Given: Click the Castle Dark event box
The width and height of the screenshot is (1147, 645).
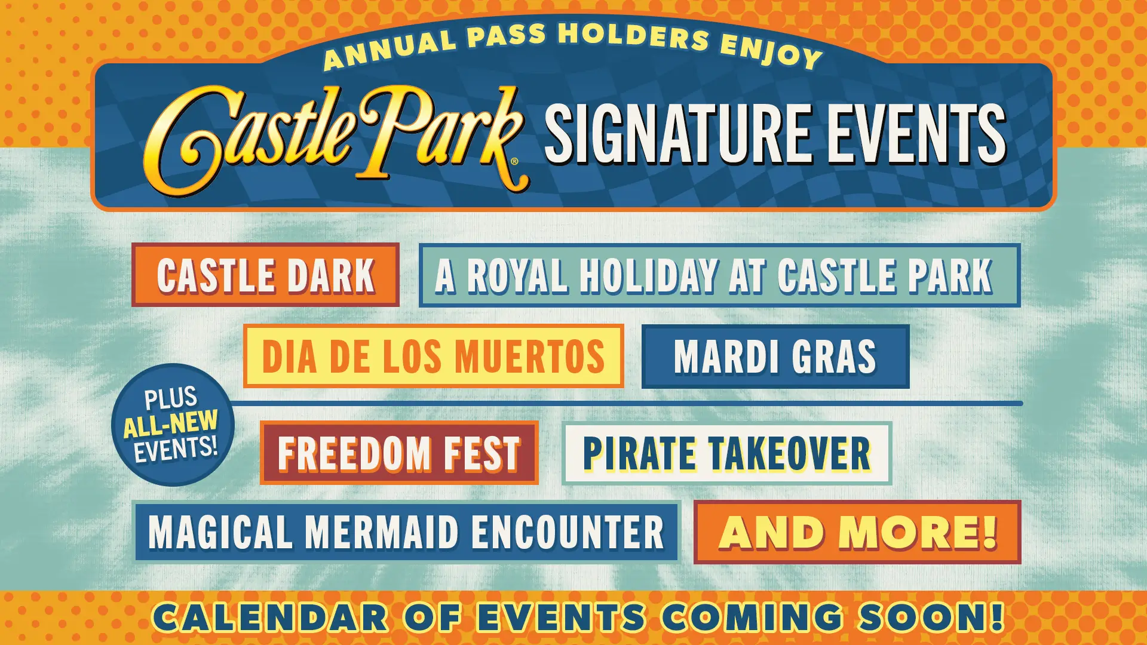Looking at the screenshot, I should click(265, 275).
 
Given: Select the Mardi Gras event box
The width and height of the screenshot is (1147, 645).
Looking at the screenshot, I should click(775, 357).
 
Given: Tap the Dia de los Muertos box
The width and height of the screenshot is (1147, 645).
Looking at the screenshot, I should click(434, 357).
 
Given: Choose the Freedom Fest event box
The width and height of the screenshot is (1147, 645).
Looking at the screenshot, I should click(399, 453).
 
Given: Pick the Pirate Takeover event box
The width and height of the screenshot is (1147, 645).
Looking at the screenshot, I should click(726, 453).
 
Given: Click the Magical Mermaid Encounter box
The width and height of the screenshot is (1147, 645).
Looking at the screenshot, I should click(407, 532).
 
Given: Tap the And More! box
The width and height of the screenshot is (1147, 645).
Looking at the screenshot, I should click(857, 532).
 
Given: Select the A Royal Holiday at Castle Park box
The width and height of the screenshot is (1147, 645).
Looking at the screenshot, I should click(719, 275).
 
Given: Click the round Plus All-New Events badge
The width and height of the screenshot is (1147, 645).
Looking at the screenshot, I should click(173, 425).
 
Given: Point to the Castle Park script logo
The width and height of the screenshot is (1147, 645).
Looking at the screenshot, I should click(335, 137).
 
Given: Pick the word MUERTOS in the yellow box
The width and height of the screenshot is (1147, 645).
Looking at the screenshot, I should click(530, 357).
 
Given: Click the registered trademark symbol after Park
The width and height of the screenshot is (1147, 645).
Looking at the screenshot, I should click(514, 161).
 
